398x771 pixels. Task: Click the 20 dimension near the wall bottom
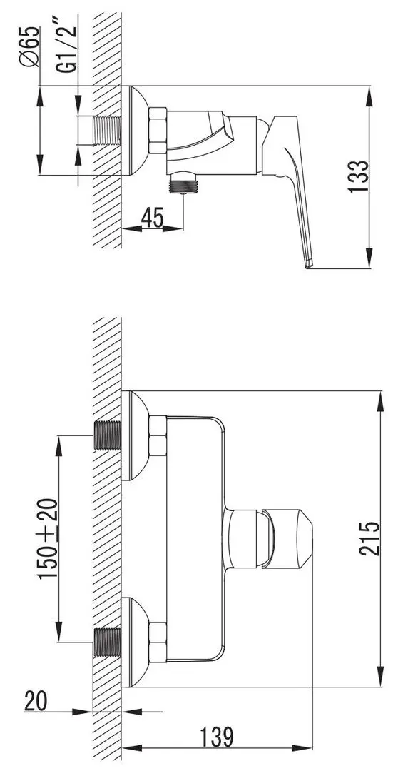36,700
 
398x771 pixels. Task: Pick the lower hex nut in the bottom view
156,641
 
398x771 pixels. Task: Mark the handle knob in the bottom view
285,540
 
